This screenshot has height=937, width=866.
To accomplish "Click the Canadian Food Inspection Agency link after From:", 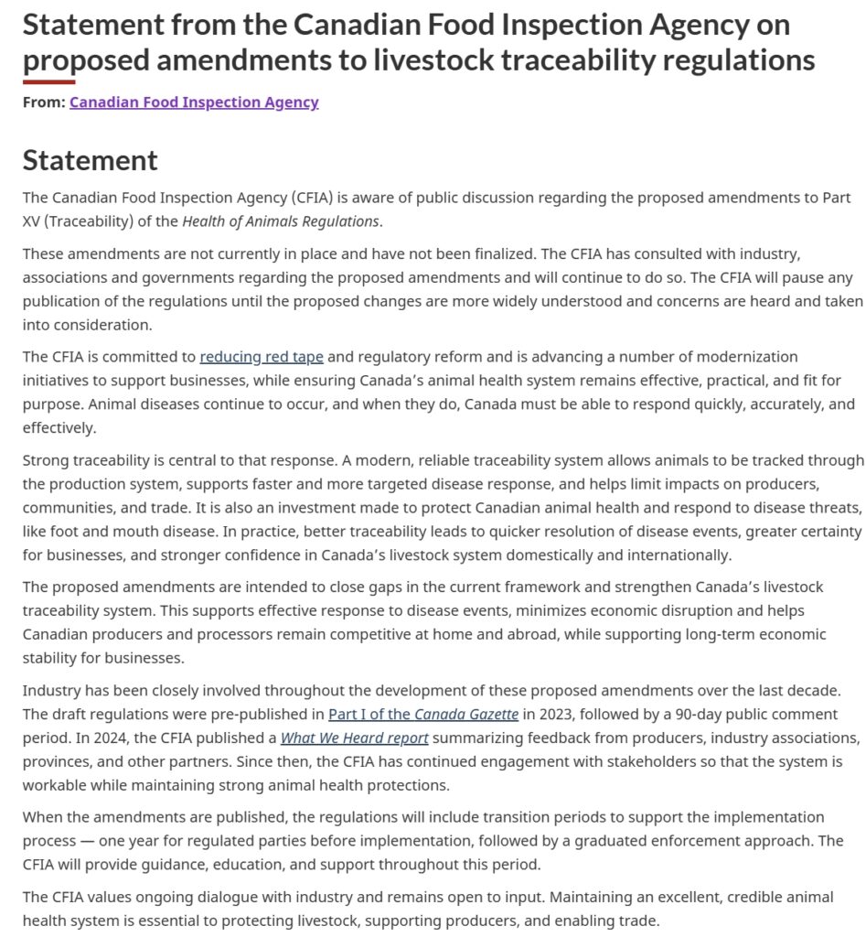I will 194,102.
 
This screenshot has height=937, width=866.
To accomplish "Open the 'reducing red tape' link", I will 262,356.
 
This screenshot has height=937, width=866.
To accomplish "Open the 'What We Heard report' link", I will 354,738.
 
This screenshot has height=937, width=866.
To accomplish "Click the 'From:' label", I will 44,102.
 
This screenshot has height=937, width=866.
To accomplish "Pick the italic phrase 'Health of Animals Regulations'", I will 280,221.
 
